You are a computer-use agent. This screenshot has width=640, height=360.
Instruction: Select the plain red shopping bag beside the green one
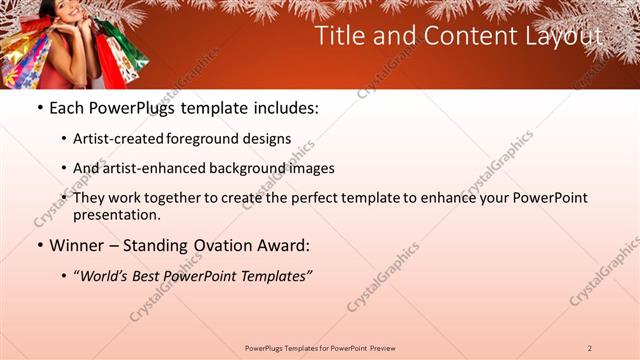(139, 60)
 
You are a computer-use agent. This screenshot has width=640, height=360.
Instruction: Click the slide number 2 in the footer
(589, 347)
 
